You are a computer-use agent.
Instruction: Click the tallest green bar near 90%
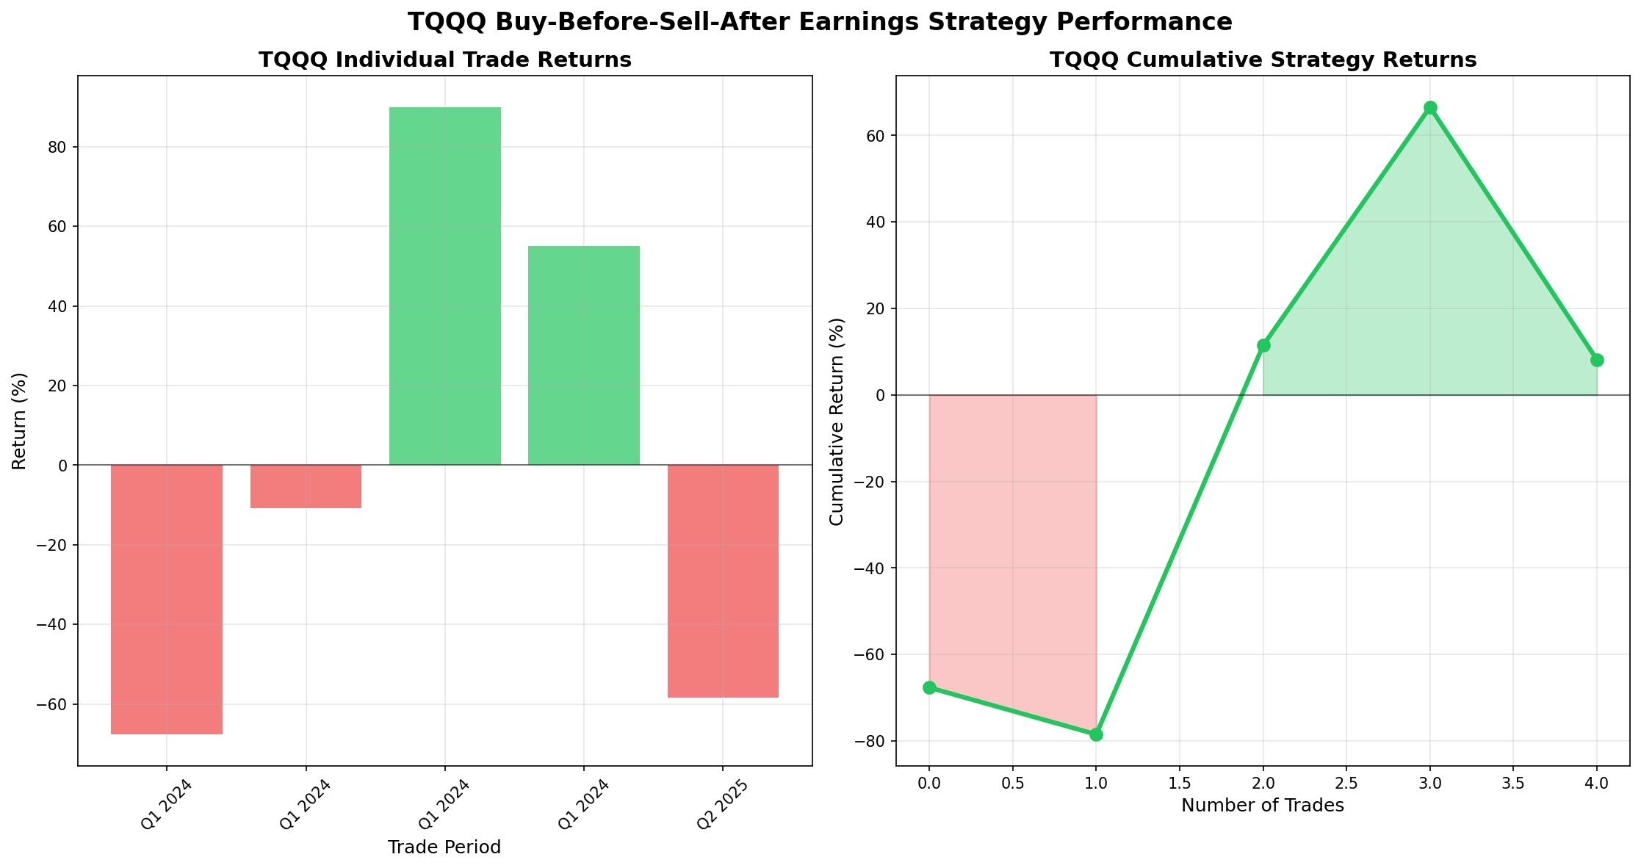click(x=444, y=286)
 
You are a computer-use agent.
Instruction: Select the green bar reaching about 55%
click(x=583, y=355)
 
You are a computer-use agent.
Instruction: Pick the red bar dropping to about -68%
click(x=166, y=599)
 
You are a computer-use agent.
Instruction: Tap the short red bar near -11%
click(x=306, y=486)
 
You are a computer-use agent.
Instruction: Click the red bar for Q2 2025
click(x=723, y=581)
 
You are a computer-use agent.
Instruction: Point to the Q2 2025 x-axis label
click(x=723, y=806)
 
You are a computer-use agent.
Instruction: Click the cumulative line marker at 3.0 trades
click(x=1430, y=108)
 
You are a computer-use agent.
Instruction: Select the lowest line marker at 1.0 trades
click(x=1096, y=734)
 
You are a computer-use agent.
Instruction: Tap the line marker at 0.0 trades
click(x=929, y=687)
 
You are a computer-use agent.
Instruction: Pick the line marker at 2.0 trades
click(x=1263, y=345)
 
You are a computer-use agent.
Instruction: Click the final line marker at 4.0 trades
click(x=1597, y=360)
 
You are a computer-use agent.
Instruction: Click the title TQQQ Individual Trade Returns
click(x=444, y=60)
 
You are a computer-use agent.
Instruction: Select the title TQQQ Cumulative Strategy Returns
click(x=1263, y=60)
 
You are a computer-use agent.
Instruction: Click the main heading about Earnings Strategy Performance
click(x=820, y=22)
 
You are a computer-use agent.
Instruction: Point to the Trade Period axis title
click(x=444, y=847)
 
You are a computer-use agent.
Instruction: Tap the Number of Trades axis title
click(x=1263, y=806)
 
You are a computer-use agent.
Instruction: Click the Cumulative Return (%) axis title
click(x=837, y=422)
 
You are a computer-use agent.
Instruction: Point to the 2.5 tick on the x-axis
click(x=1346, y=784)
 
